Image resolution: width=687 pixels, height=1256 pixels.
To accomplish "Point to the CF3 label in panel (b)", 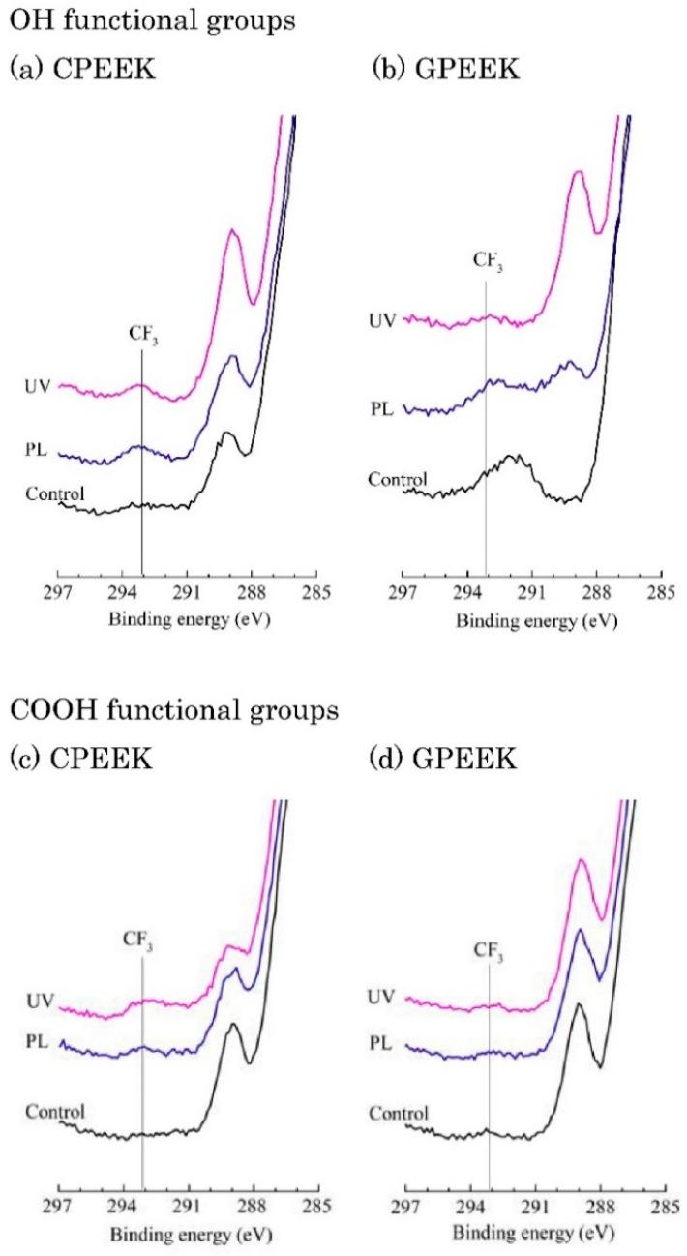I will point(488,259).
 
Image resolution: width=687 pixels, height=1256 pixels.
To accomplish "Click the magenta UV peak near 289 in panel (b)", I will point(578,174).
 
